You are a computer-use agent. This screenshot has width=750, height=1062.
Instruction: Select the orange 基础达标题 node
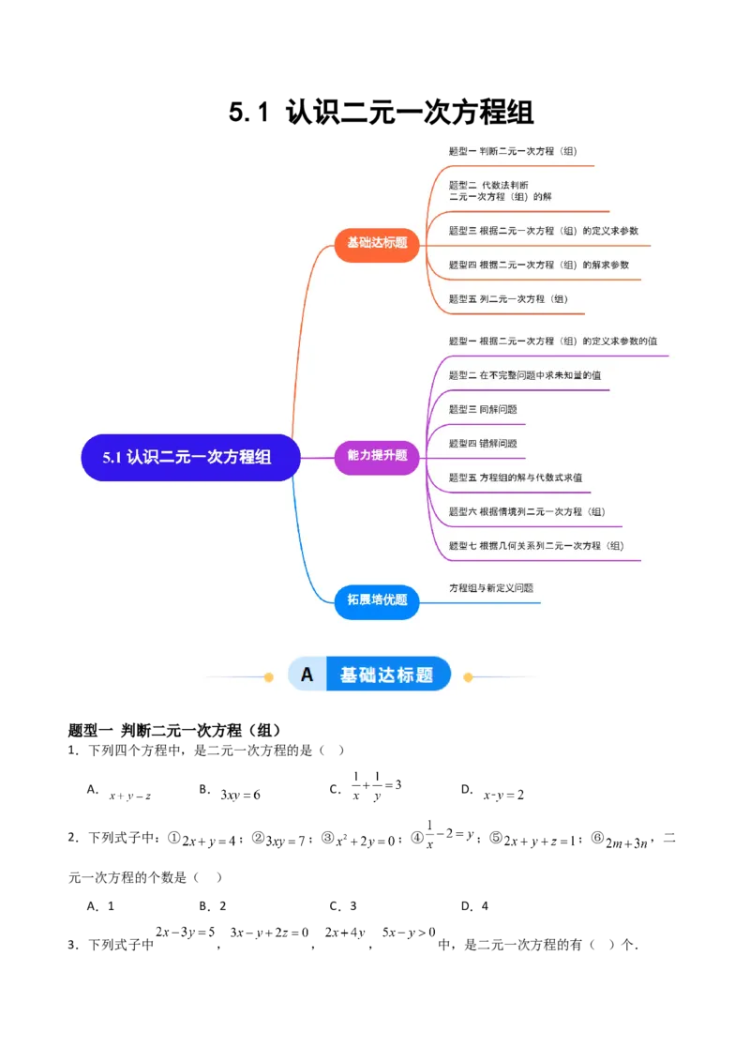click(377, 243)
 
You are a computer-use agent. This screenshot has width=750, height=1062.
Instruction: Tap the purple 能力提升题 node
click(377, 456)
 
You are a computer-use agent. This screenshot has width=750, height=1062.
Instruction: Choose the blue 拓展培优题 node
click(377, 600)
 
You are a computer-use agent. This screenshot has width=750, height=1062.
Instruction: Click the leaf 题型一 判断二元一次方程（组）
click(519, 151)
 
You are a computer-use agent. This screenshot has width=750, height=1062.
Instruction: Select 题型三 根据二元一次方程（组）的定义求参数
click(544, 231)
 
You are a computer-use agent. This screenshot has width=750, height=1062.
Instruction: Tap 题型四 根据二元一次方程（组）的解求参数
click(539, 265)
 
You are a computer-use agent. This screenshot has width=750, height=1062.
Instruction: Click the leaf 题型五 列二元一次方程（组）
click(508, 299)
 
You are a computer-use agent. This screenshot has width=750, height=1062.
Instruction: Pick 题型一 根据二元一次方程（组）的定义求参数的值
click(553, 341)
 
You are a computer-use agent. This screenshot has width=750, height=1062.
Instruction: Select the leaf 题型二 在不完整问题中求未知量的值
click(525, 375)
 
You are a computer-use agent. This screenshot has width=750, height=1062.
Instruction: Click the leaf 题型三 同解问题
click(483, 410)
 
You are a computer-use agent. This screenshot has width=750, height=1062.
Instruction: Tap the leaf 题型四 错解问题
click(483, 444)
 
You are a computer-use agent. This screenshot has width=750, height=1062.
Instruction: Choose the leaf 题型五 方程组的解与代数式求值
click(516, 478)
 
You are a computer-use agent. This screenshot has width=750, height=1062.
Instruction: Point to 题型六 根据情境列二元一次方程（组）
click(527, 512)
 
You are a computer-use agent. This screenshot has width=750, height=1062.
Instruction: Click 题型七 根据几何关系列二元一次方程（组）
click(536, 546)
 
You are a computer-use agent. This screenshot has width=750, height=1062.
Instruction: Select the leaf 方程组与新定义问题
click(491, 588)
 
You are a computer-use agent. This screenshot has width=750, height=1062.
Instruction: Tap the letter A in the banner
click(307, 675)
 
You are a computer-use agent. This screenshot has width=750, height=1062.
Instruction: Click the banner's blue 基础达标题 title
click(386, 675)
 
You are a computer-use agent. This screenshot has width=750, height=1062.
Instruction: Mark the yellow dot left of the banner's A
click(269, 676)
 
